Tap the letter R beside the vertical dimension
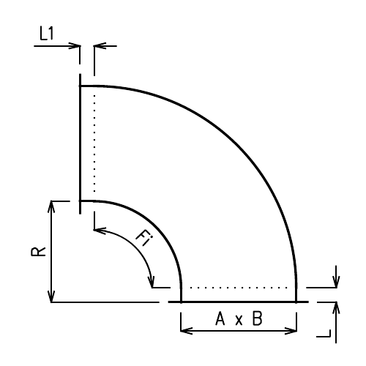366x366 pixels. (39, 251)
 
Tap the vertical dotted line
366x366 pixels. (94, 146)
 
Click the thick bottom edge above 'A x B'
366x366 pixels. (238, 301)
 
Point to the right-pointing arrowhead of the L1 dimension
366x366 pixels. (75, 45)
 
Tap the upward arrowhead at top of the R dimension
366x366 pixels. (51, 206)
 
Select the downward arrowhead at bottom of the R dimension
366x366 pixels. (51, 296)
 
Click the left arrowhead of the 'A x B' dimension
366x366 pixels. (184, 331)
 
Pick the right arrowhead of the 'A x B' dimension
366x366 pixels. (292, 331)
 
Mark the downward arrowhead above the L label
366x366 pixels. (336, 283)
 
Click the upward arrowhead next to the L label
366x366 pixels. (336, 306)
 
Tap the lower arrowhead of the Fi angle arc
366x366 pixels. (152, 283)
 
